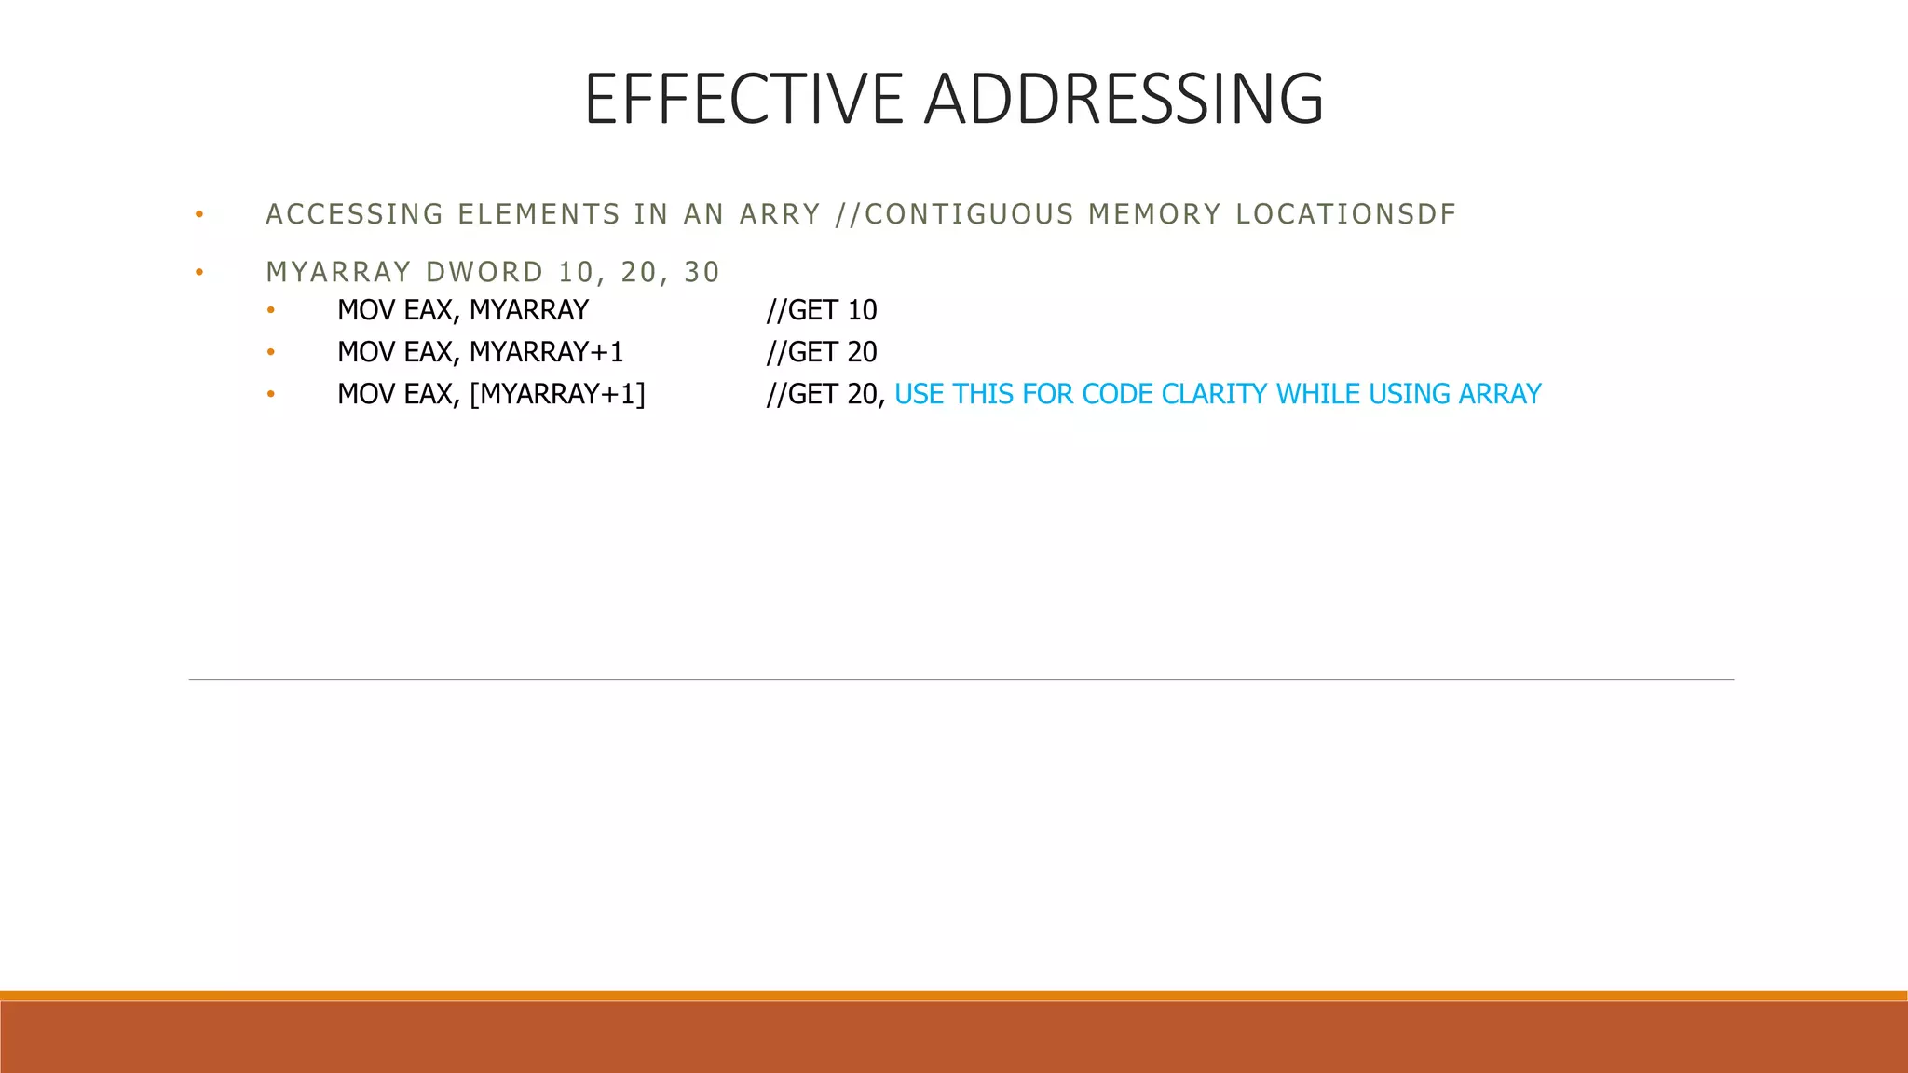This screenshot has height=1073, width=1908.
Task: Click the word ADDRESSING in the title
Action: (1124, 99)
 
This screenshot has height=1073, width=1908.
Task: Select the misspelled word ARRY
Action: (780, 214)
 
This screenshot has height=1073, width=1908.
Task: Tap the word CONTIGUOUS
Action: (969, 214)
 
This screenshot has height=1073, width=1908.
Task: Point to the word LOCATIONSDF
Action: (1345, 214)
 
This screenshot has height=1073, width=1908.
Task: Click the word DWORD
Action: (484, 272)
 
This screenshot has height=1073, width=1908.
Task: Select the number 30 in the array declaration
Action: (702, 272)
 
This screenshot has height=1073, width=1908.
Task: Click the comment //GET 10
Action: (821, 310)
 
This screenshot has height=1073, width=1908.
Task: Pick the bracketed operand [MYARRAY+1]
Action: (557, 394)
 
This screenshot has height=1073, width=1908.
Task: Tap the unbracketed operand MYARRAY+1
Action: (546, 352)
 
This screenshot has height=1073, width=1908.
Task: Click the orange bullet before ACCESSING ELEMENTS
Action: (198, 215)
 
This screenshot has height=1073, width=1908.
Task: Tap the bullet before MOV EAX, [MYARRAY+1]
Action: (270, 394)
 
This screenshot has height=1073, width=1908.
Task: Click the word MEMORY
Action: (1154, 214)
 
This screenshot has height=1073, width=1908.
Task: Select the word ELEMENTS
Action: (539, 214)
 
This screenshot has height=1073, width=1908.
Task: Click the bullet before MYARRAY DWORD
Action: (198, 273)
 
